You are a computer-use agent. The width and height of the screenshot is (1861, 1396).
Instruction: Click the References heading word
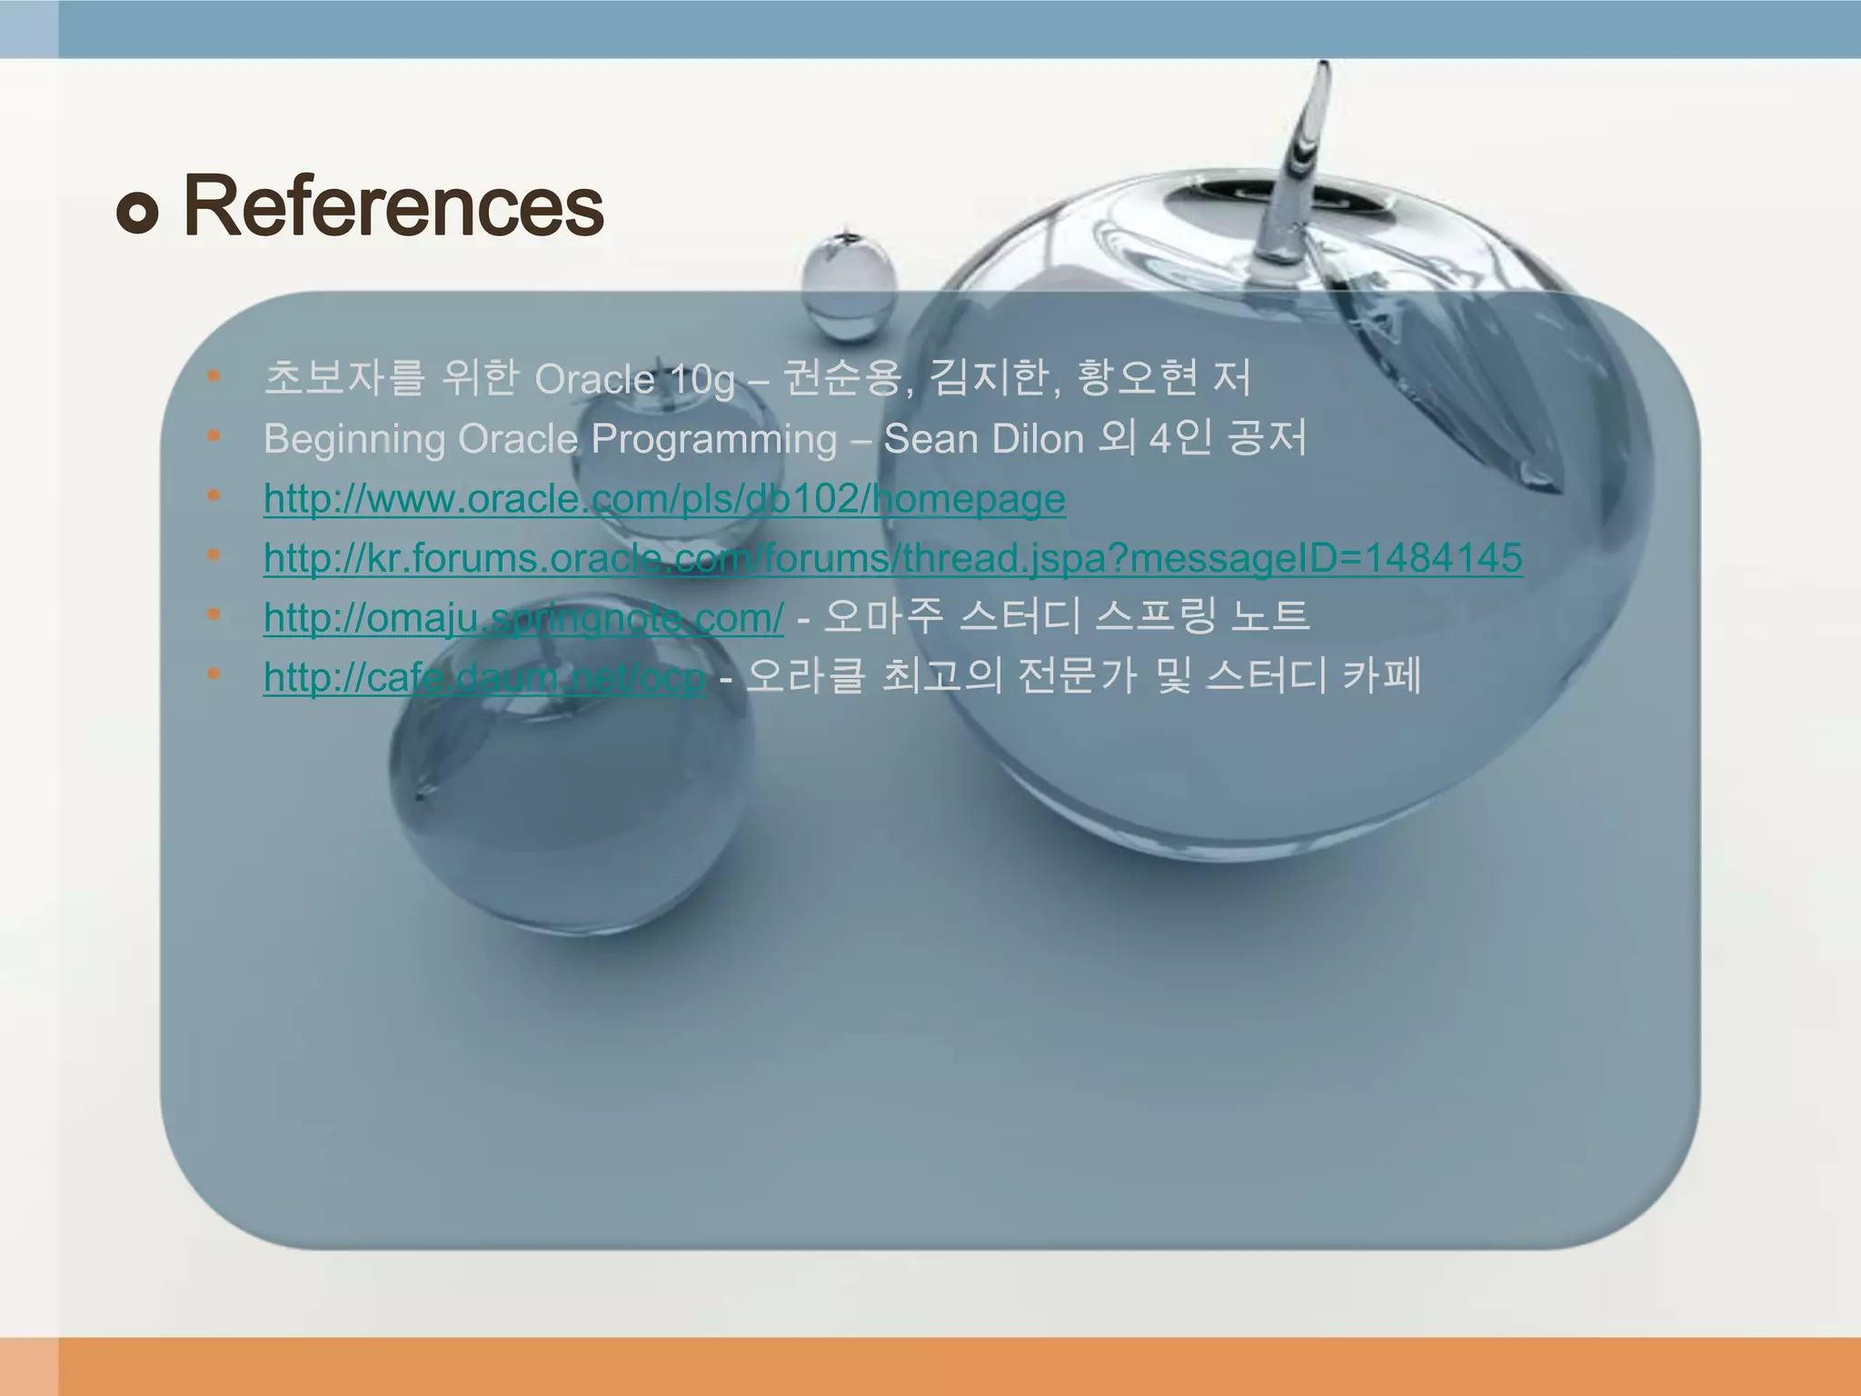click(x=393, y=207)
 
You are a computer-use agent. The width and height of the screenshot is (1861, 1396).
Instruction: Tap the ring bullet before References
click(x=138, y=213)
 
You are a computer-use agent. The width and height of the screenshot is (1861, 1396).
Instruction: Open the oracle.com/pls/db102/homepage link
click(x=664, y=499)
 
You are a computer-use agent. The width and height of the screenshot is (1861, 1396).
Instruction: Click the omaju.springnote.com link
click(x=523, y=618)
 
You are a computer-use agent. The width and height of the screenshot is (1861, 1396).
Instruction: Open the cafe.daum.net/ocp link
click(x=484, y=677)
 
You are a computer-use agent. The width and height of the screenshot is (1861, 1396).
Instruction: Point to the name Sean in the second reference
click(x=930, y=439)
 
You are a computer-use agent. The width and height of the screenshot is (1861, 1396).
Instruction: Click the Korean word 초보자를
click(x=343, y=378)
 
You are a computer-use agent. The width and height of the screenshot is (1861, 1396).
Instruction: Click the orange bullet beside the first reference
click(x=214, y=375)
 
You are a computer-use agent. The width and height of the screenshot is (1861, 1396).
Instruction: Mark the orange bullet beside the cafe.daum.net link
click(x=214, y=674)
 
